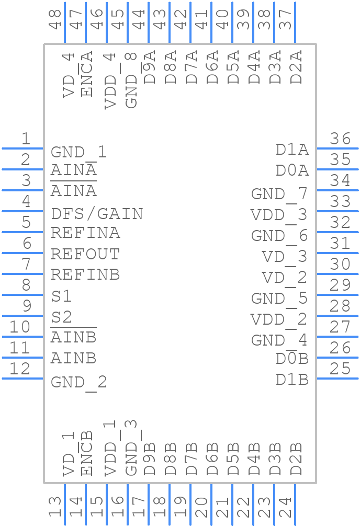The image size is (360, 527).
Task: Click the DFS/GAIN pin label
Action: pyautogui.click(x=97, y=214)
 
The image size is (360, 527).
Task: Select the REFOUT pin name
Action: pyautogui.click(x=85, y=254)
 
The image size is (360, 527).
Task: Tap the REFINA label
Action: pyautogui.click(x=85, y=233)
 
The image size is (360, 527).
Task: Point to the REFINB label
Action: pyautogui.click(x=85, y=274)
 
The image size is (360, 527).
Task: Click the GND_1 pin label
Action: pyautogui.click(x=78, y=152)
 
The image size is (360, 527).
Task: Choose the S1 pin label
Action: pyautogui.click(x=61, y=296)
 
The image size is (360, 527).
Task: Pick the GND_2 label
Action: pyautogui.click(x=78, y=382)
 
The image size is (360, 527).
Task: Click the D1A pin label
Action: pyautogui.click(x=292, y=150)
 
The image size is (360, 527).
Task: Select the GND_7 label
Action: pyautogui.click(x=279, y=194)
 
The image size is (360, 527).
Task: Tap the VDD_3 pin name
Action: pyautogui.click(x=279, y=215)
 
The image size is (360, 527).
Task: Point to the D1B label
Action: pyautogui.click(x=292, y=380)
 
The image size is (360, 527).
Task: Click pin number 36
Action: pyautogui.click(x=340, y=139)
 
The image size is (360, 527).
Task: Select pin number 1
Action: pyautogui.click(x=25, y=139)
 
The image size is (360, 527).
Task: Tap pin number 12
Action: pyautogui.click(x=20, y=369)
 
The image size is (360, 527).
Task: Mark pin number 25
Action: pyautogui.click(x=340, y=369)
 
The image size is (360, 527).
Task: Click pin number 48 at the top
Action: pyautogui.click(x=55, y=20)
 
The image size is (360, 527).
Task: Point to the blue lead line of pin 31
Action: pyautogui.click(x=337, y=253)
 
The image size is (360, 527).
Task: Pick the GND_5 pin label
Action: pyautogui.click(x=279, y=299)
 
